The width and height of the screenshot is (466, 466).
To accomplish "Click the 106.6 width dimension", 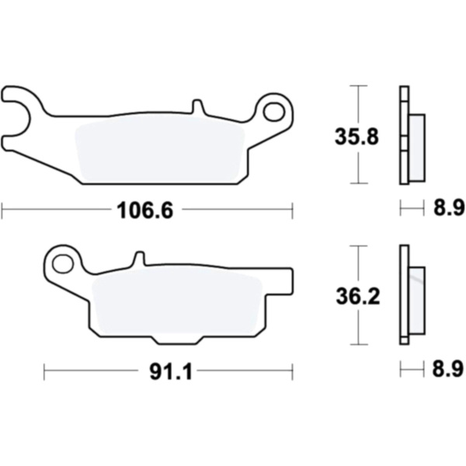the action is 144,210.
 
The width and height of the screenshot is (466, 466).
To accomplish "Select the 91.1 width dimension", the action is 171,371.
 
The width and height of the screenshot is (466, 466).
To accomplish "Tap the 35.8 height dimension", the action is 356,137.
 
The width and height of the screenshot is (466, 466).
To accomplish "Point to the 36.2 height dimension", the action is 358,297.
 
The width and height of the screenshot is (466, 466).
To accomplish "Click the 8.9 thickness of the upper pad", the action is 449,207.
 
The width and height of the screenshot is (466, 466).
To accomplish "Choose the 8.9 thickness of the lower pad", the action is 448,368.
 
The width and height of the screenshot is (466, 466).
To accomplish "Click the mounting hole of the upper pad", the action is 273,112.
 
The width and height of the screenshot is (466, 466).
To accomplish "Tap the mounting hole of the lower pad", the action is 63,264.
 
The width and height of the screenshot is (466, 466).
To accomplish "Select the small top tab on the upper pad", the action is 197,106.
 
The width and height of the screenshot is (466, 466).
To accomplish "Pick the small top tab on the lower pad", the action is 139,259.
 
